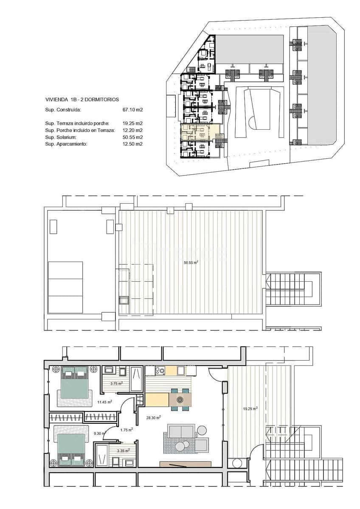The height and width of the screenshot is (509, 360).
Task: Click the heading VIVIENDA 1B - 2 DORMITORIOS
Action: pyautogui.click(x=82, y=100)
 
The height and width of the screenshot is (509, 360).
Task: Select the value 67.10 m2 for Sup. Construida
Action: pyautogui.click(x=132, y=110)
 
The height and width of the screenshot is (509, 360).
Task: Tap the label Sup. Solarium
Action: pyautogui.click(x=61, y=137)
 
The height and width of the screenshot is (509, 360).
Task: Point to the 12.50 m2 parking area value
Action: pyautogui.click(x=132, y=144)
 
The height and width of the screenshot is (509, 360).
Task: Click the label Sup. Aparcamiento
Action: pyautogui.click(x=66, y=144)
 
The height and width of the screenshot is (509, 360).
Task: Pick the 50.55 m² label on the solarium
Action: pyautogui.click(x=191, y=263)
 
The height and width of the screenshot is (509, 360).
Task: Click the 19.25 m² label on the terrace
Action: pyautogui.click(x=250, y=409)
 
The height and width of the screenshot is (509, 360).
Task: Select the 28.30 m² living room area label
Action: pyautogui.click(x=153, y=417)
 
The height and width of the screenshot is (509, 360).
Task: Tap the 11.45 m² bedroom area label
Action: pyautogui.click(x=104, y=402)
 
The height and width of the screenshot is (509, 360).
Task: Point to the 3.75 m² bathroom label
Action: pyautogui.click(x=116, y=383)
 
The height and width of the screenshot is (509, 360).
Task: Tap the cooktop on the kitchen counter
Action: pyautogui.click(x=160, y=371)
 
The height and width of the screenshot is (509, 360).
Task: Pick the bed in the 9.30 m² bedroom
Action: pyautogui.click(x=72, y=449)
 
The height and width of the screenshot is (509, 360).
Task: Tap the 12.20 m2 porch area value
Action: pyautogui.click(x=132, y=131)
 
